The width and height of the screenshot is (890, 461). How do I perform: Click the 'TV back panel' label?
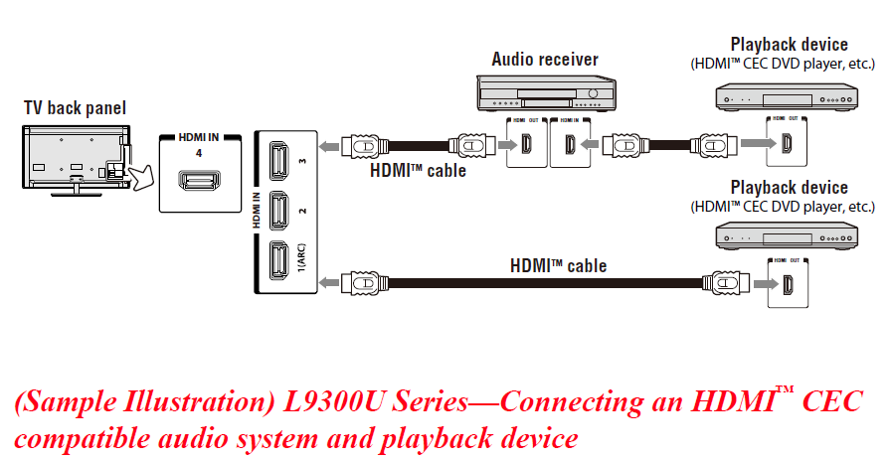coord(76,107)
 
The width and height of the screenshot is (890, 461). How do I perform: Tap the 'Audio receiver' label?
coord(545,59)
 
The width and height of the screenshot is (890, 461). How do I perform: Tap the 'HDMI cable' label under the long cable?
coord(558,266)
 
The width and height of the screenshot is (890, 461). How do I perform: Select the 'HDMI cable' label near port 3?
coord(418,170)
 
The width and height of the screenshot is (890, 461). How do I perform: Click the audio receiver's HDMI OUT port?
coord(524,147)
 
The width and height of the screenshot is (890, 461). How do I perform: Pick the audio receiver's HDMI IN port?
coord(569,147)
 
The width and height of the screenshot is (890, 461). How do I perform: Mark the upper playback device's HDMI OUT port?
coord(786,147)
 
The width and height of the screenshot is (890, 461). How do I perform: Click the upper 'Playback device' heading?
coord(789,45)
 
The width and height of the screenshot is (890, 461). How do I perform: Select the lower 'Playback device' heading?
coord(789,188)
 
